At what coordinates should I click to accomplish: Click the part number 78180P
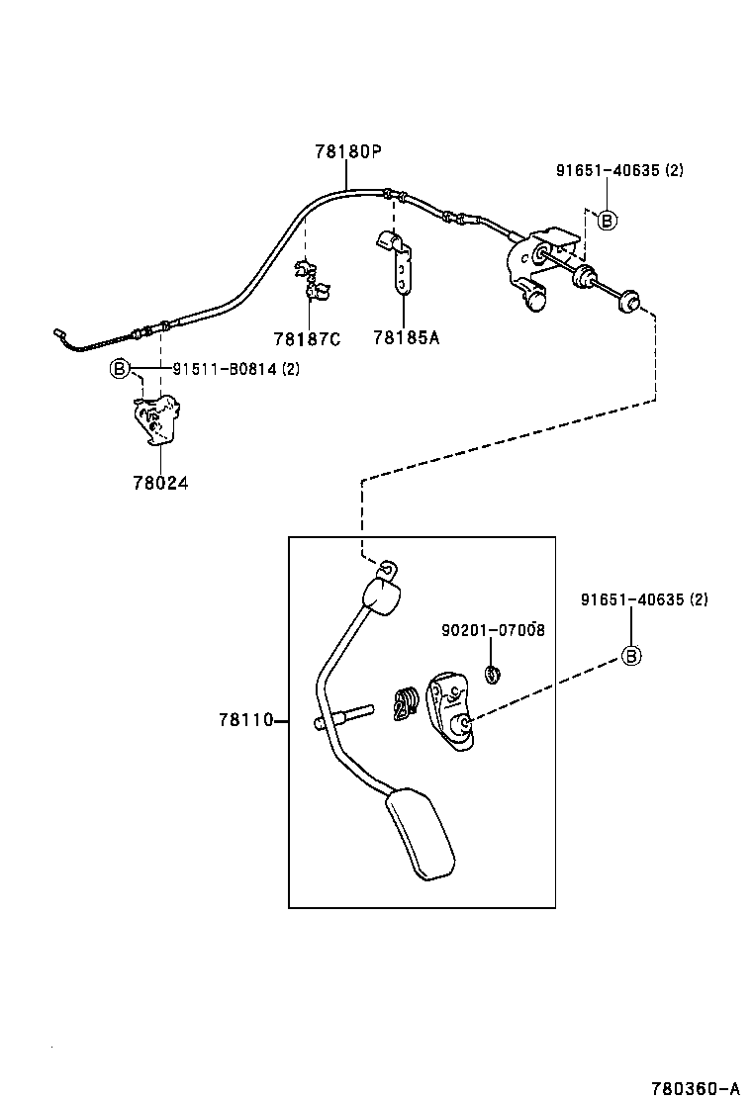pyautogui.click(x=348, y=152)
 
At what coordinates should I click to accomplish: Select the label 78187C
pyautogui.click(x=307, y=338)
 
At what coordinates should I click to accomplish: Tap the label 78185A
pyautogui.click(x=406, y=338)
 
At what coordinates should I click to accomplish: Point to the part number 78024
pyautogui.click(x=159, y=484)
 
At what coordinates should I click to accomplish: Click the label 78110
pyautogui.click(x=245, y=720)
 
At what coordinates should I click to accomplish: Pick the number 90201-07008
pyautogui.click(x=493, y=630)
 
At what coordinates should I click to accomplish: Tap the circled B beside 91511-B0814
pyautogui.click(x=119, y=370)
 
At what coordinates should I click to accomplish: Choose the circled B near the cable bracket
pyautogui.click(x=607, y=220)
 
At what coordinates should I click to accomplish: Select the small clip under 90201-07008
pyautogui.click(x=492, y=675)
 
